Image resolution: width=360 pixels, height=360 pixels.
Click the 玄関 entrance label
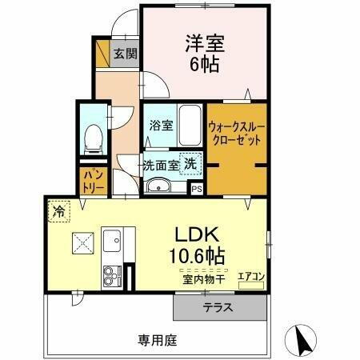(x=124, y=54)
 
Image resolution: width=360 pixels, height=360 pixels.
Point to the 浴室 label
(x=160, y=125)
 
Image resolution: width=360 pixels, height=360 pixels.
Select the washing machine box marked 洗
(x=190, y=163)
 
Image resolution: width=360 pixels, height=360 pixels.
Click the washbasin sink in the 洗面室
(x=158, y=187)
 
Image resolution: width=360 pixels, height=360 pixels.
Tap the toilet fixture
(x=94, y=139)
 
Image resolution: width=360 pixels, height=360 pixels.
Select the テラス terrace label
(x=218, y=307)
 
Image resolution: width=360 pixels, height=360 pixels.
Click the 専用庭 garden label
(x=157, y=339)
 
